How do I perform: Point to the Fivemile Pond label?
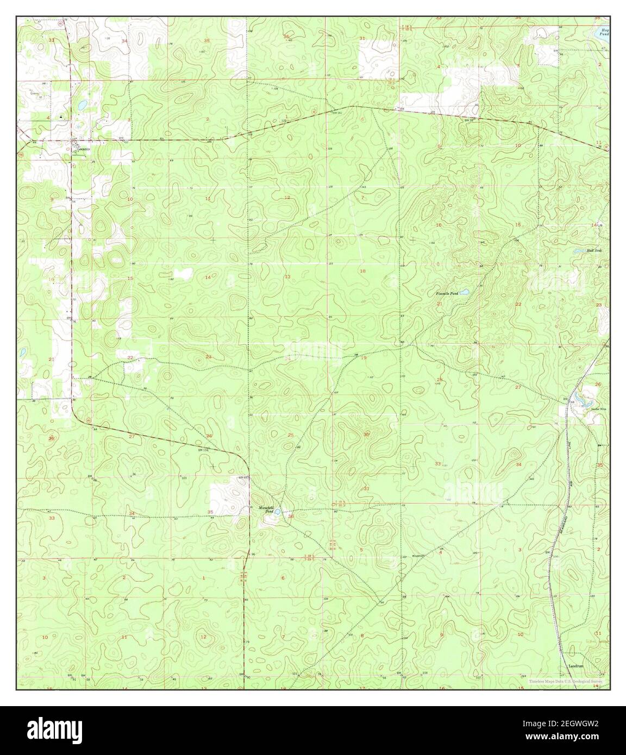(x=447, y=293)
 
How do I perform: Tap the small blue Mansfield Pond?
(x=277, y=511)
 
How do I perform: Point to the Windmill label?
(x=417, y=556)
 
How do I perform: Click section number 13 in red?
(x=287, y=277)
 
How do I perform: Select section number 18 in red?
(x=362, y=270)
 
